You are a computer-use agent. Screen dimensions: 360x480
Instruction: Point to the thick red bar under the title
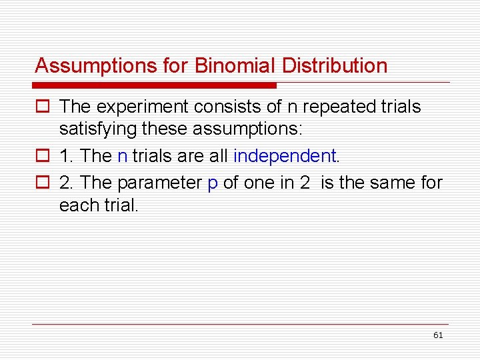[x=154, y=85]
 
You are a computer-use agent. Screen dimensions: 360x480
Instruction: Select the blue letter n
[x=122, y=157]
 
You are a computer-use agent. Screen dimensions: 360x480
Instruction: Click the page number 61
[x=437, y=335]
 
